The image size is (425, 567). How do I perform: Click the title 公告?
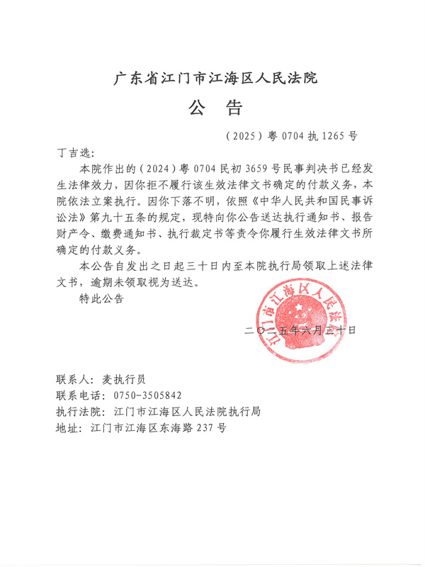(x=215, y=108)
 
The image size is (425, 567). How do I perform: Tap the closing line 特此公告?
(x=101, y=298)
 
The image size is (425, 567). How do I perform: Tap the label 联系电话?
(x=76, y=395)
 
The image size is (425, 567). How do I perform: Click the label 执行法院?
(x=76, y=412)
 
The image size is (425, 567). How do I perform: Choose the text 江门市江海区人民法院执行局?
(x=182, y=412)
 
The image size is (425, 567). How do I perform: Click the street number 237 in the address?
(x=204, y=428)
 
